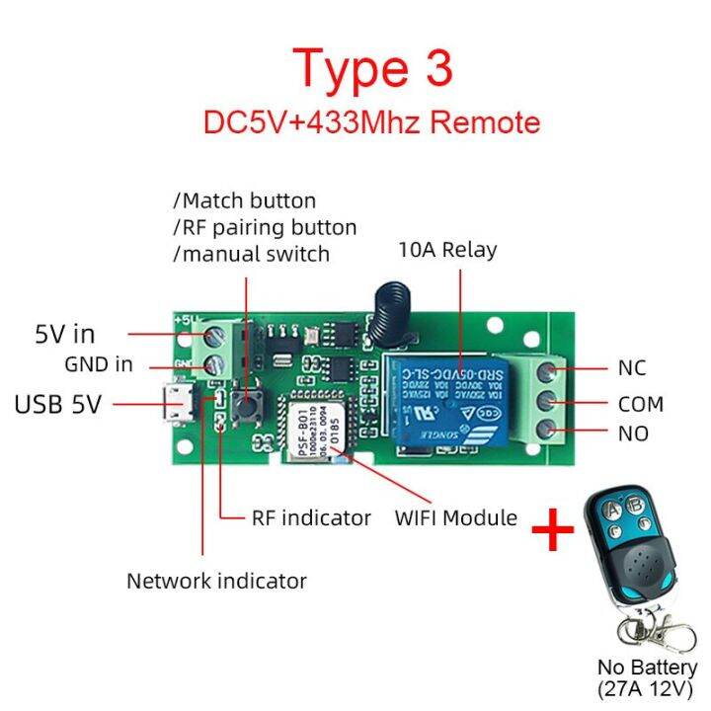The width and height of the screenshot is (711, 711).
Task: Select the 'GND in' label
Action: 99,364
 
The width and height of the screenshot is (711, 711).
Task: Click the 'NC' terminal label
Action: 632,368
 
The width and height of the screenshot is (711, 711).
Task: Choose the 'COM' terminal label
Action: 641,404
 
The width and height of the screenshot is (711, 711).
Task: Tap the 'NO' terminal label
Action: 633,434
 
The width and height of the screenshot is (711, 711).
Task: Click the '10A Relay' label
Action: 447,250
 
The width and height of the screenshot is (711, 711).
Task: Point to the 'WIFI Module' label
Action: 455,517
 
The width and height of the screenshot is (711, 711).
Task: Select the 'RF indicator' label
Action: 311,517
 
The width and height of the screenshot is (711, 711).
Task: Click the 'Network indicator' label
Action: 216,581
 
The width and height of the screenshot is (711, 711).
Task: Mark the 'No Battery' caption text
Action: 648,668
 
